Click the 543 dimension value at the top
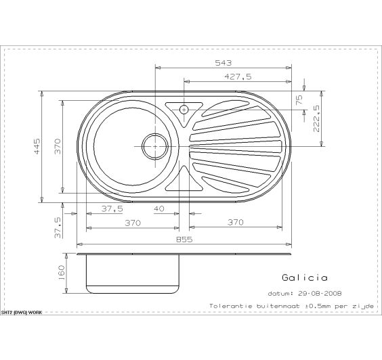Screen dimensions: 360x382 (224, 62)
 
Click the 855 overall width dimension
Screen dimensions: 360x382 (184, 240)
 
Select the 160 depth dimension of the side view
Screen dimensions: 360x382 (62, 273)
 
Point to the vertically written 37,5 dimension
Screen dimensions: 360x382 (58, 227)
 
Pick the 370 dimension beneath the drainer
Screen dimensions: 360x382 (235, 223)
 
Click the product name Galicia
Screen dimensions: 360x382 (304, 277)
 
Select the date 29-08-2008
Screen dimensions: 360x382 (318, 294)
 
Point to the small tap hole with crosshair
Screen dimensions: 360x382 (184, 108)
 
